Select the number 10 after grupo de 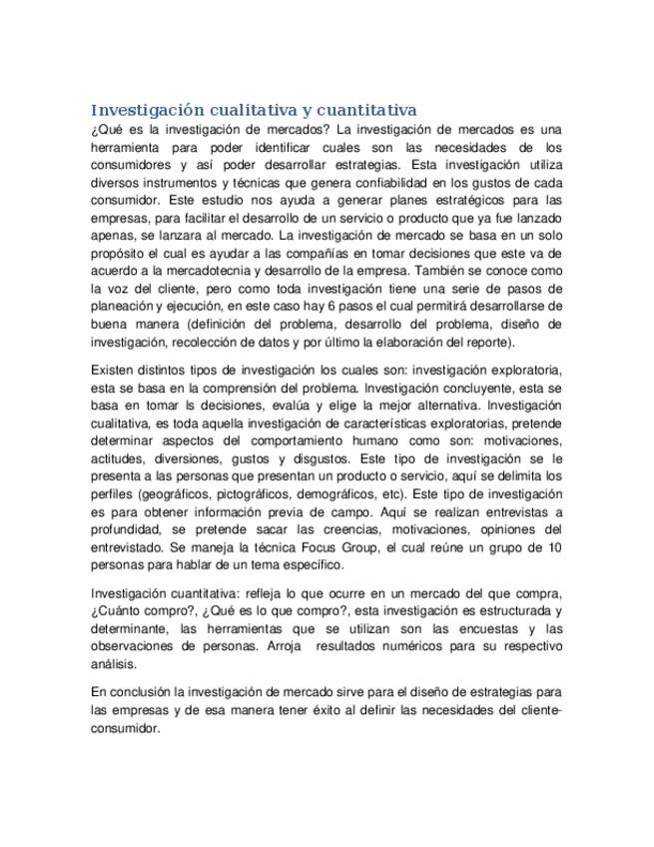(x=555, y=548)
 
